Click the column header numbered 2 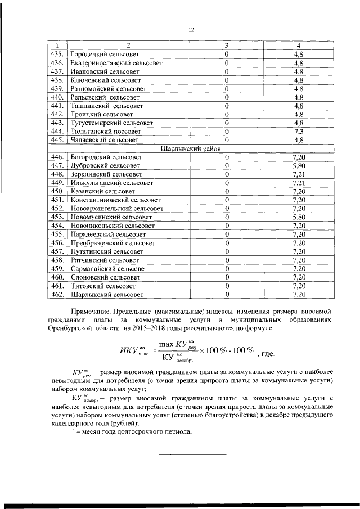pos(128,45)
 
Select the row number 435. pos(56,54)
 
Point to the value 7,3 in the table pos(299,130)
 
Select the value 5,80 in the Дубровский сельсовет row pos(299,166)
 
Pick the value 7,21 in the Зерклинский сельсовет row pos(299,174)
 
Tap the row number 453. pos(56,217)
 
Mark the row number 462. pos(56,294)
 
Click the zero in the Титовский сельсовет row pos(227,285)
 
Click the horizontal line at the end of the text pos(191,454)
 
